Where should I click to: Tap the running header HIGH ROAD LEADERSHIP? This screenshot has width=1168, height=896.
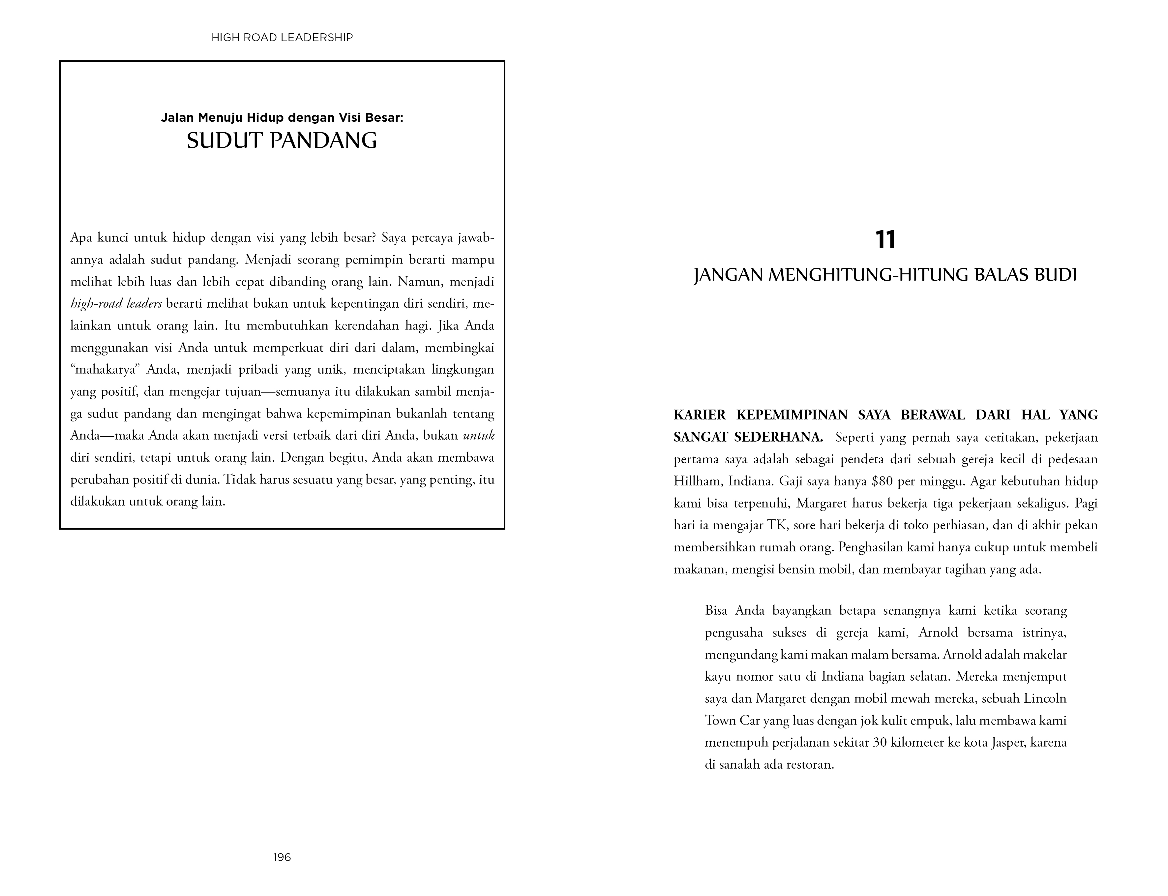(x=282, y=37)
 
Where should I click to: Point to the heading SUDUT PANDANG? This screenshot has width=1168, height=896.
(x=282, y=140)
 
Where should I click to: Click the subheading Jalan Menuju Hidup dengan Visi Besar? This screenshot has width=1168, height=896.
(x=282, y=117)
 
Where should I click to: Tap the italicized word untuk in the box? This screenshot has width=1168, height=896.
(x=478, y=436)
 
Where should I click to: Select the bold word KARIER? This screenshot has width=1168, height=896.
(x=700, y=415)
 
